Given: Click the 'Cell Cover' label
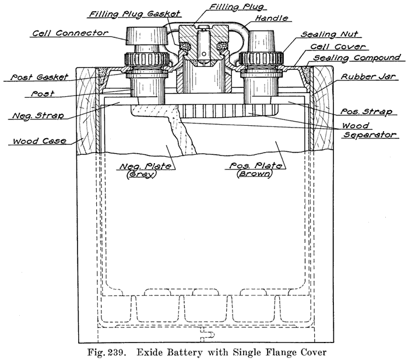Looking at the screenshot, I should point(339,46).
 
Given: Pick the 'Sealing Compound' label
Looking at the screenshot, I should point(357,58).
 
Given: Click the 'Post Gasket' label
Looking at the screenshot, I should point(41,76).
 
